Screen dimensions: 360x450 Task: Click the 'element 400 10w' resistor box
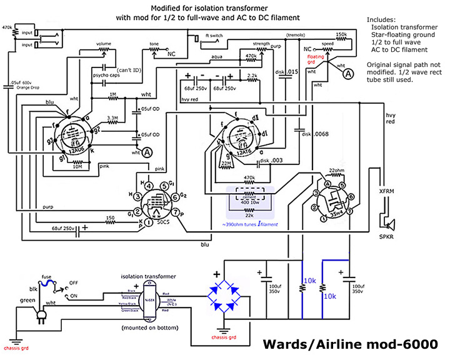(x=251, y=198)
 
